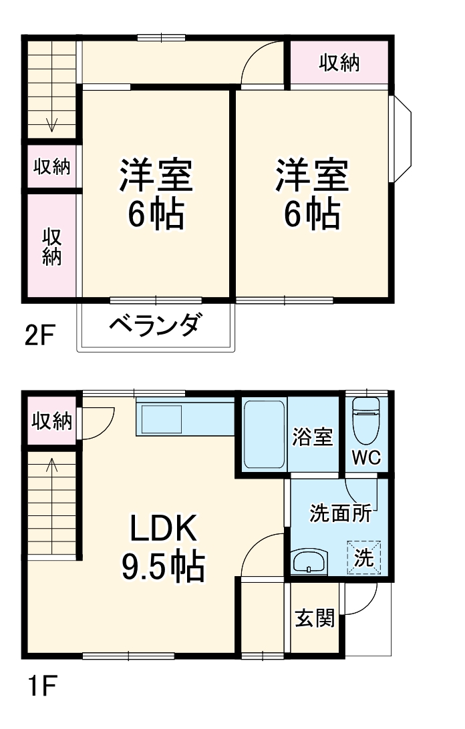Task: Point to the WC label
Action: pos(366,459)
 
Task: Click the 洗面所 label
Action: pos(340,513)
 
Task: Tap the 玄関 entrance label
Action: pos(315,619)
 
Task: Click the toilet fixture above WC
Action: pos(366,421)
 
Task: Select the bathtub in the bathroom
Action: pos(264,434)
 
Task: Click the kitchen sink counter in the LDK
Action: pos(160,419)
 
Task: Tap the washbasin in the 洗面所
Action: pos(309,561)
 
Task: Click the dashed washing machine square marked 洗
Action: pos(364,557)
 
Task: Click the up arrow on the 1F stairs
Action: pos(52,467)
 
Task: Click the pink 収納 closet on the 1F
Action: pos(52,421)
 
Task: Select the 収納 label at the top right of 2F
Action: pos(339,63)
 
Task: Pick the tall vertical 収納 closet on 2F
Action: pos(52,246)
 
